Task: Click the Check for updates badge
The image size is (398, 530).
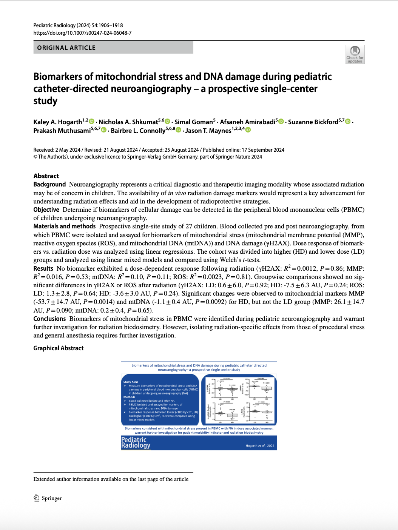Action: [355, 54]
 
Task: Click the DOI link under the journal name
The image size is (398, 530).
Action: [82, 33]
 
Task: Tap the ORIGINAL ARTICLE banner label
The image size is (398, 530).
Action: [66, 48]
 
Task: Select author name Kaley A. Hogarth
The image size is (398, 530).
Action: [57, 122]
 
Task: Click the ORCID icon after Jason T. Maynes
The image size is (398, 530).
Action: [248, 130]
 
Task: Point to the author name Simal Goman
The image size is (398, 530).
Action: [193, 122]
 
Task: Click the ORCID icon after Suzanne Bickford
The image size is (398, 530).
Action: [348, 121]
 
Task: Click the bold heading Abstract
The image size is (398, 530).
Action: [46, 176]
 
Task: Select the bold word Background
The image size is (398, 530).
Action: [49, 184]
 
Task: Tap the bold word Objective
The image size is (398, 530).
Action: [46, 210]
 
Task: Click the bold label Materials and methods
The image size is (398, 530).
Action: [65, 226]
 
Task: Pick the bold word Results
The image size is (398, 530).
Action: [43, 268]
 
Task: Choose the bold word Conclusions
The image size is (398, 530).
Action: [49, 319]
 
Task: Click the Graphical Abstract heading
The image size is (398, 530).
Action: [59, 348]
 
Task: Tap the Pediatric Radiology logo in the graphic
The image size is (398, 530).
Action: [136, 442]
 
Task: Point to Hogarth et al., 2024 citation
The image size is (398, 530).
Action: [260, 446]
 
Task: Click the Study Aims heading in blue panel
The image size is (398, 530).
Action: [131, 382]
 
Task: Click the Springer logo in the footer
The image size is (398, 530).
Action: [48, 498]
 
